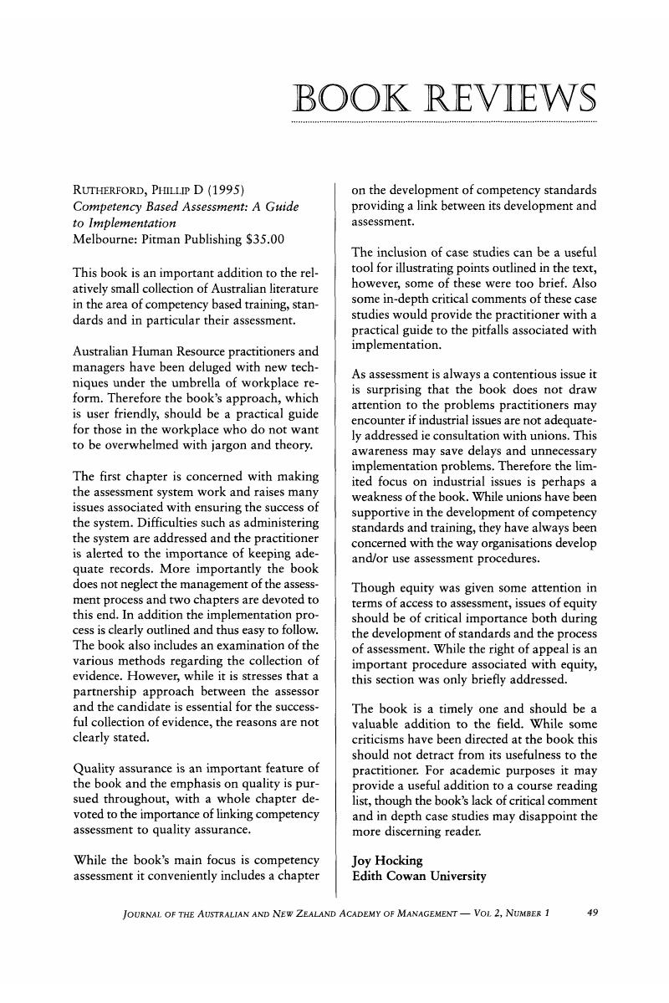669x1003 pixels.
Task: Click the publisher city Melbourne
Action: click(x=105, y=240)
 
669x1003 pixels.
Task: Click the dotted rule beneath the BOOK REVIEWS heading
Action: click(x=443, y=123)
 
